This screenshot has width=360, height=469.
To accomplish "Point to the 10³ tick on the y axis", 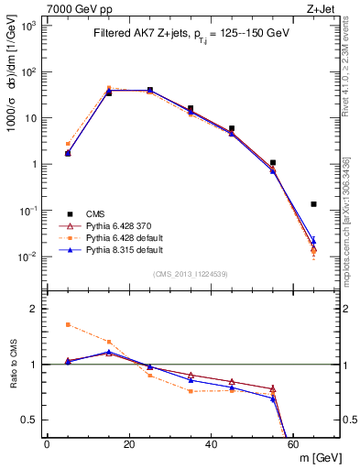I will (32, 26).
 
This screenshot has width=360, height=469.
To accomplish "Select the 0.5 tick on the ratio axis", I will (32, 420).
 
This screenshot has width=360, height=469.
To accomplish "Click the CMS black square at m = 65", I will (314, 204).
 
